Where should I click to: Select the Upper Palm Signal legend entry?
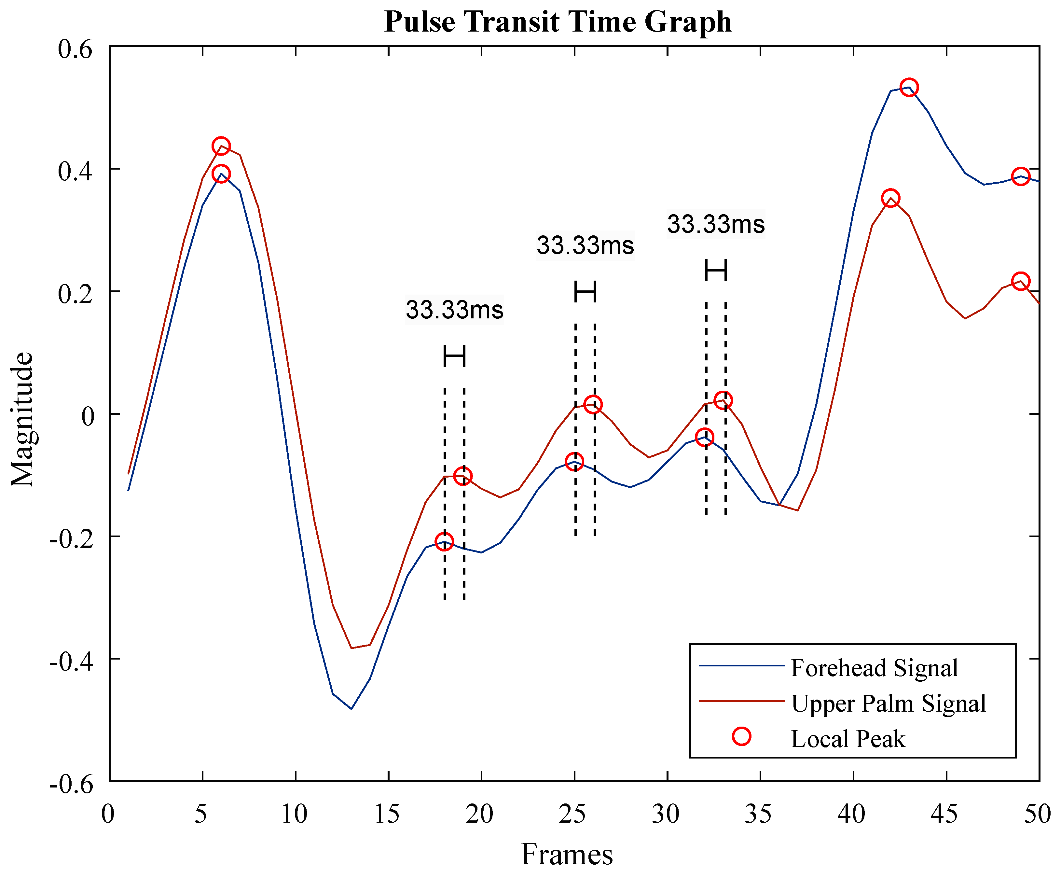pos(888,703)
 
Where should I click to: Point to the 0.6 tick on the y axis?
pos(76,49)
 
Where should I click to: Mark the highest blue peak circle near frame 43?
pos(909,88)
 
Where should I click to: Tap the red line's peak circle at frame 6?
pos(221,146)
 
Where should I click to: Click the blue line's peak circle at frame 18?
pos(444,542)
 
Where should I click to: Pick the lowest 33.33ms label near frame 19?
pos(454,309)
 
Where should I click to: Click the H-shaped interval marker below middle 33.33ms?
pos(585,292)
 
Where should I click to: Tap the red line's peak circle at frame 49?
pos(1021,281)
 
